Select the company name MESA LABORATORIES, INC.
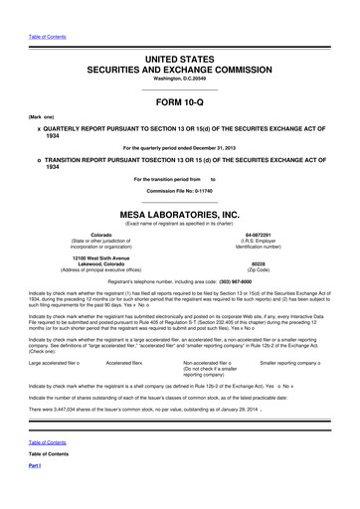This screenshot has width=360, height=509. pyautogui.click(x=179, y=213)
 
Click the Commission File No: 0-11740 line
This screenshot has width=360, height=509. pyautogui.click(x=179, y=189)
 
